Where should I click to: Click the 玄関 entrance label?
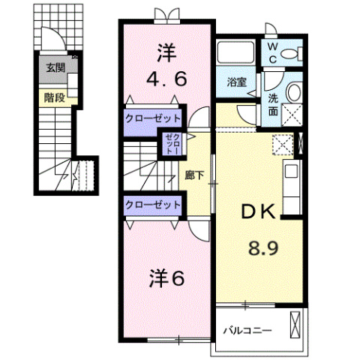(x=55, y=67)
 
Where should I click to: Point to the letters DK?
(x=256, y=212)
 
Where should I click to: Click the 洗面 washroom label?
(x=274, y=103)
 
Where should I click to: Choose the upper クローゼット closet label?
(x=153, y=118)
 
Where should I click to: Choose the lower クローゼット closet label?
(x=153, y=203)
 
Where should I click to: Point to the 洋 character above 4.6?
(x=166, y=52)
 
